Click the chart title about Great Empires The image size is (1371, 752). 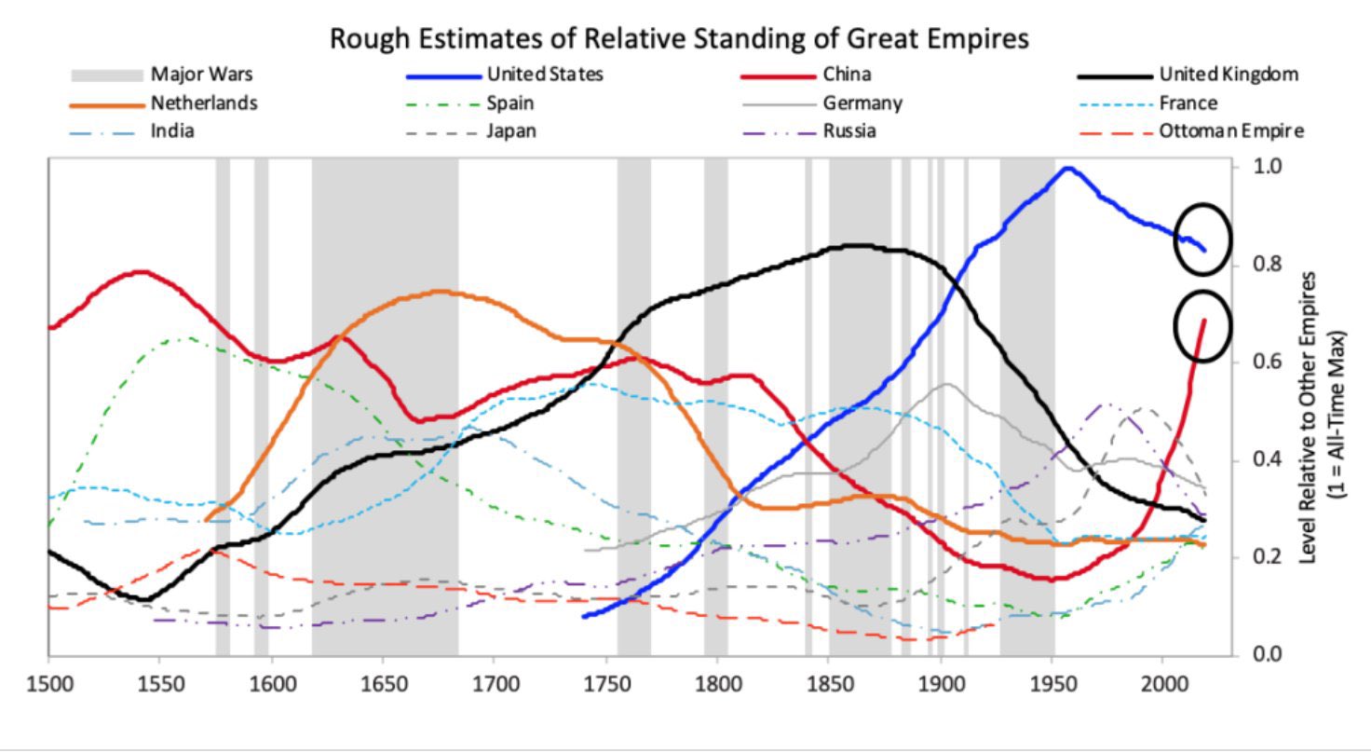point(680,39)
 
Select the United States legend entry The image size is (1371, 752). point(544,75)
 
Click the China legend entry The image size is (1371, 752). point(847,75)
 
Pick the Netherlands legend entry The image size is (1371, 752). point(204,103)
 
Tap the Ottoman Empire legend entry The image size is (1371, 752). point(1230,131)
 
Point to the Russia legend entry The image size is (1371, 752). point(848,131)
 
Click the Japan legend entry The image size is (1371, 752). point(510,131)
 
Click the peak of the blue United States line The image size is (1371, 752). point(1067,169)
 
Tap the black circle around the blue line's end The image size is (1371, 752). point(1202,239)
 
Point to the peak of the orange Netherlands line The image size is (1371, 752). point(441,292)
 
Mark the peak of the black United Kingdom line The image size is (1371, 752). point(852,246)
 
